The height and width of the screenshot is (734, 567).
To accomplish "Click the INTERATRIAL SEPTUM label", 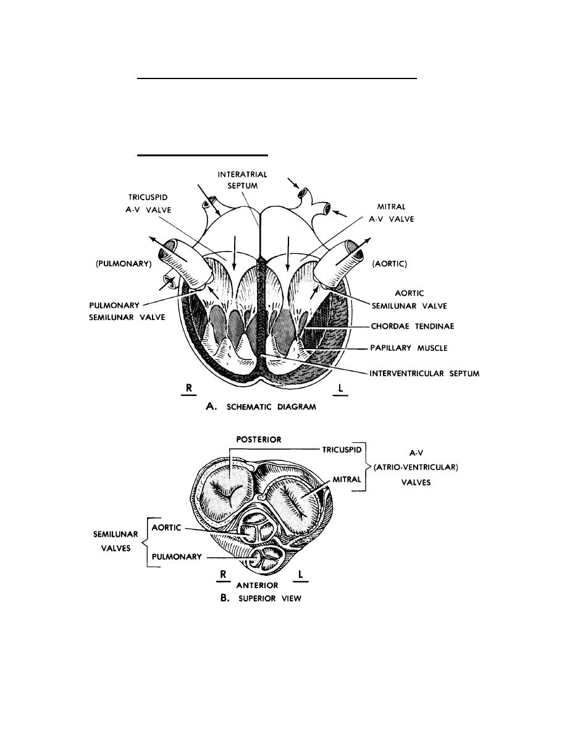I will click(243, 179).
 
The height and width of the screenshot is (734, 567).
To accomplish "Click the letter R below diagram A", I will click(187, 388).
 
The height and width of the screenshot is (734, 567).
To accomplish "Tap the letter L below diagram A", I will click(340, 388).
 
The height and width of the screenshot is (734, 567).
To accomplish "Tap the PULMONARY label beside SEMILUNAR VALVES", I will click(177, 556).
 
